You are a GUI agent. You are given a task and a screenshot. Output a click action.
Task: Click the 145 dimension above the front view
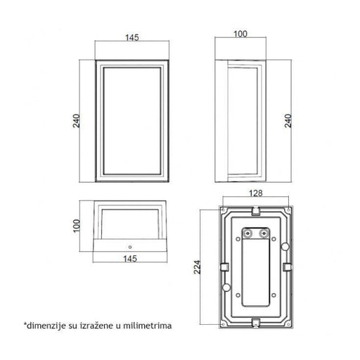point(132,37)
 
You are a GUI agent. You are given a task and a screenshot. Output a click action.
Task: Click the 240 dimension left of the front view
point(77,121)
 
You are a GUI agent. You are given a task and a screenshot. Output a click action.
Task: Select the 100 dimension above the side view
point(240,34)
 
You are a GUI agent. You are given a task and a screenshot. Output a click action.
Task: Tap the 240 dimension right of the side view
point(288,121)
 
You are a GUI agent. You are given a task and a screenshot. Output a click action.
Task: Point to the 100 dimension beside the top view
point(77,226)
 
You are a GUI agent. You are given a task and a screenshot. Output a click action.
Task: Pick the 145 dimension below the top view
point(130,259)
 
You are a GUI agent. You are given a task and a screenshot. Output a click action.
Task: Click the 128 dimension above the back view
point(255,193)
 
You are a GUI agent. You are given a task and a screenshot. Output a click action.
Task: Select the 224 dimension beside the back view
point(197,267)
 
